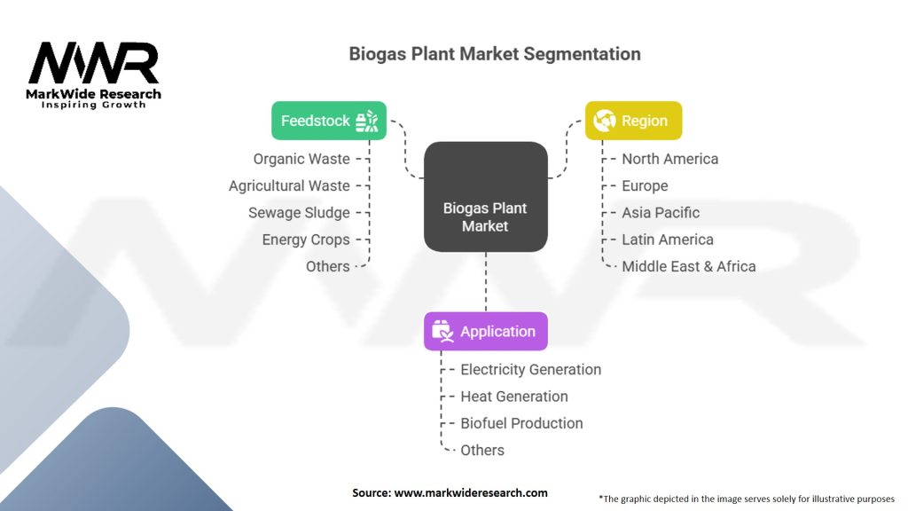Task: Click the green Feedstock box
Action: [x=329, y=121]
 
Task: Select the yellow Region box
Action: [x=633, y=121]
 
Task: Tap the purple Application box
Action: [x=486, y=331]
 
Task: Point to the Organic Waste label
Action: [x=301, y=159]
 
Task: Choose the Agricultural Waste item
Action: [x=289, y=185]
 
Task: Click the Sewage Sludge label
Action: [x=299, y=213]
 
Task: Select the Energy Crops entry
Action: [x=306, y=240]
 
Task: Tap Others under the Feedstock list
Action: [x=328, y=266]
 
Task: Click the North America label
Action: [x=670, y=159]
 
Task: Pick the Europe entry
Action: [x=645, y=185]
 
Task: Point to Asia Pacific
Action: [x=661, y=213]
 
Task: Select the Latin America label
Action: [x=668, y=240]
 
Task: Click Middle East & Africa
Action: [x=689, y=266]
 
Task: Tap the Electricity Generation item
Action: [x=531, y=369]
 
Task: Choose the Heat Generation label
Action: [x=514, y=397]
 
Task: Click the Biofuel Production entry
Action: [x=522, y=423]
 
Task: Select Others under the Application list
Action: [x=482, y=450]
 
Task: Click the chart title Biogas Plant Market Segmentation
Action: [x=495, y=53]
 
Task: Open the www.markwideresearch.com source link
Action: [x=471, y=492]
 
